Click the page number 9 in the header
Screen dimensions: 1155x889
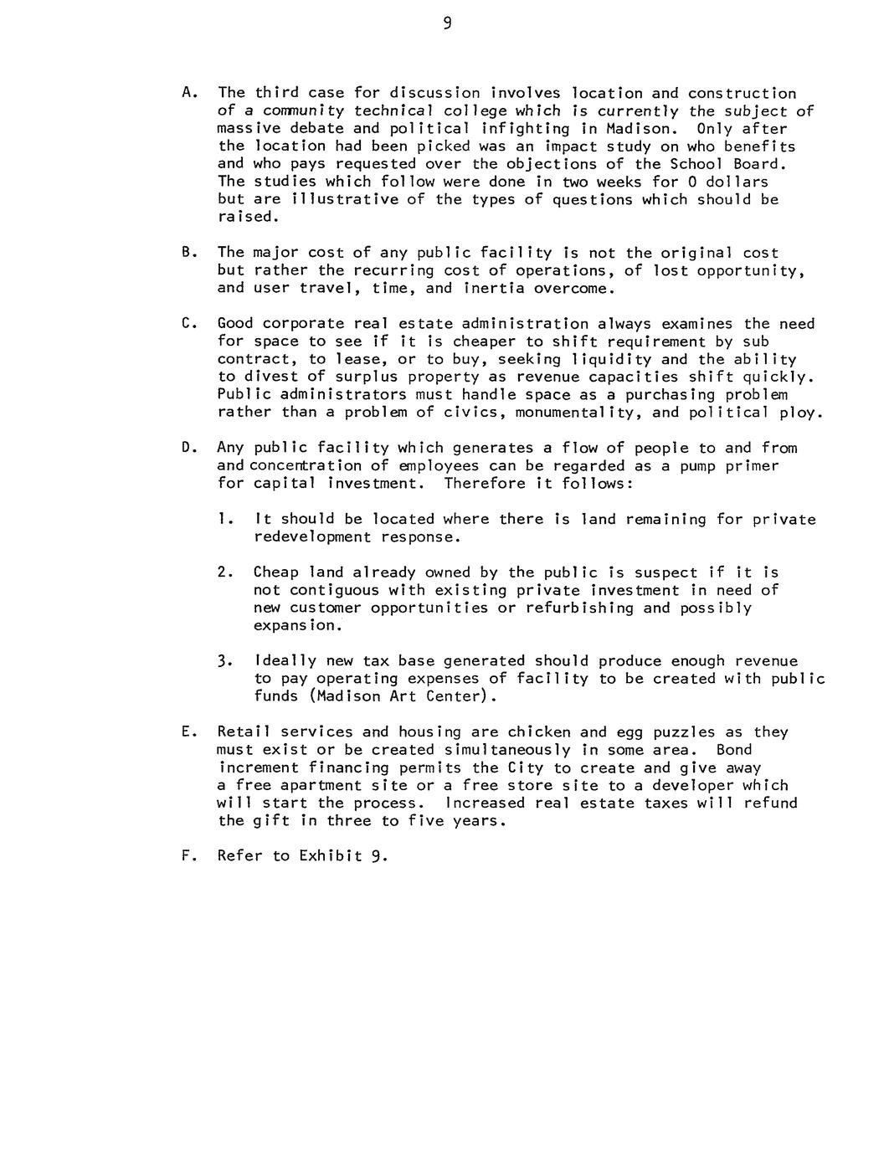(448, 24)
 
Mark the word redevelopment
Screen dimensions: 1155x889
(312, 537)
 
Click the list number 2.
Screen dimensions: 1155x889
(223, 572)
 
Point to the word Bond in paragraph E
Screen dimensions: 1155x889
(733, 750)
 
